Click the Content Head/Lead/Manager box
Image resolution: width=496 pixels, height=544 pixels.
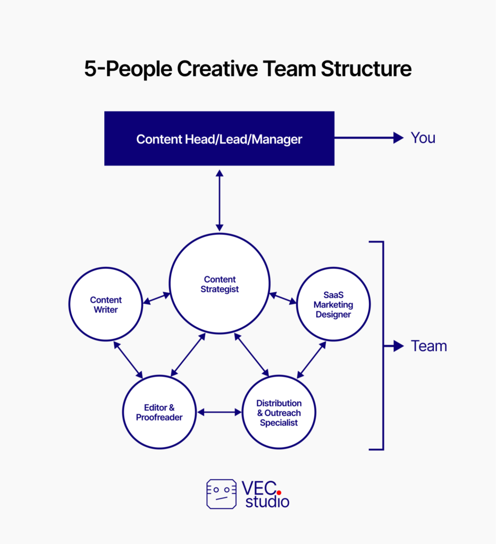220,139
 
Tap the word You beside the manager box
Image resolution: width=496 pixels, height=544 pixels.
423,138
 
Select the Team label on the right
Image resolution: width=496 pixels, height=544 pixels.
429,346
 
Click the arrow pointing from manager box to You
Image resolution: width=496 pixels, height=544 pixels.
369,138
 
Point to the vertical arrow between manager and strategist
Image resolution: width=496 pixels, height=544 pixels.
220,200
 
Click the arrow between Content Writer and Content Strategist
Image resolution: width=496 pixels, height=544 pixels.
157,299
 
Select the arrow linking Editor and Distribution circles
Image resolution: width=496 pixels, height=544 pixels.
220,412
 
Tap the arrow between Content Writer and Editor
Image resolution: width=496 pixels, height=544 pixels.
128,360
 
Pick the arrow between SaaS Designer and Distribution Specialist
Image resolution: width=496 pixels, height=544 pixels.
312,360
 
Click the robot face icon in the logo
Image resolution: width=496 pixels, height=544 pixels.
222,494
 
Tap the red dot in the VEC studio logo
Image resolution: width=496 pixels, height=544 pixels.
279,492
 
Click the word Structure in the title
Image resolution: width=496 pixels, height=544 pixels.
366,69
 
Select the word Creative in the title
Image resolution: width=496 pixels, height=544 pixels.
217,69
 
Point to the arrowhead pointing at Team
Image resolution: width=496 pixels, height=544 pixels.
399,346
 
